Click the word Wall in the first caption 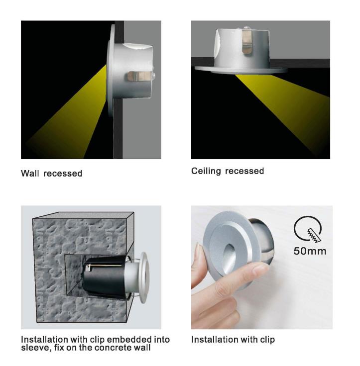(x=30, y=174)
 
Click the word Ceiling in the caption (x=206, y=171)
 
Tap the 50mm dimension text (x=310, y=251)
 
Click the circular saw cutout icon (x=308, y=229)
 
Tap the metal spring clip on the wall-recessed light (x=139, y=76)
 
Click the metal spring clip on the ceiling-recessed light (x=247, y=41)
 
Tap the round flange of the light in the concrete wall (x=144, y=277)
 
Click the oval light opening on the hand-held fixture (x=228, y=259)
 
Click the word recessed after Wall (x=63, y=174)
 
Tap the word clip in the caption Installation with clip (x=267, y=340)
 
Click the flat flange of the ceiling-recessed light (x=241, y=70)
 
